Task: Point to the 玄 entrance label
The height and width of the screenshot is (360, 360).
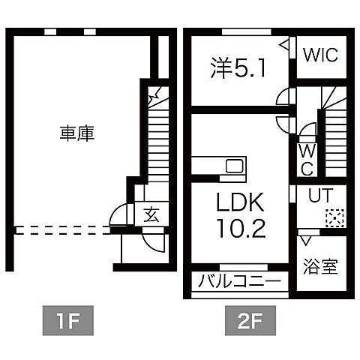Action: click(x=151, y=215)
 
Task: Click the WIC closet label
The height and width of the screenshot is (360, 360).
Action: click(x=321, y=55)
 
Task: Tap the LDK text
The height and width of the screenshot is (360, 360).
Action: click(x=240, y=203)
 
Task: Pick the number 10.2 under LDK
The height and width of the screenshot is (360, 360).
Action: click(x=240, y=229)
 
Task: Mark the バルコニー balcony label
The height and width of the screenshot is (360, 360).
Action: click(x=239, y=283)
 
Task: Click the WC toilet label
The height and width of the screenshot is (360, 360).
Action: click(x=307, y=160)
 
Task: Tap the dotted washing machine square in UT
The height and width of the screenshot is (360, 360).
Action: click(x=333, y=217)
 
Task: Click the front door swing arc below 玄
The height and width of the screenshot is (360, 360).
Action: click(x=152, y=241)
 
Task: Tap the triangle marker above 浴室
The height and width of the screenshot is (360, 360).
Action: click(x=304, y=241)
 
